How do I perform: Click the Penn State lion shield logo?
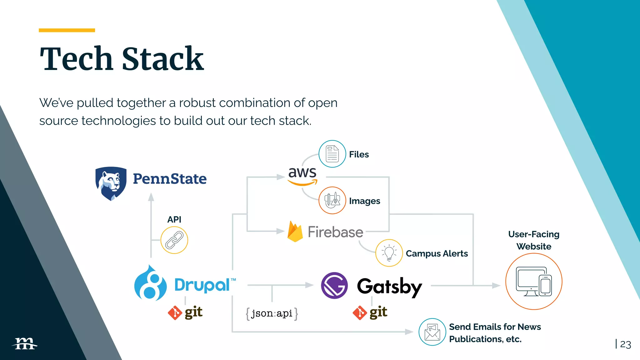pos(111,183)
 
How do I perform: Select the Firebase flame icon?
pos(295,232)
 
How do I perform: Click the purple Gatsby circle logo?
pos(334,285)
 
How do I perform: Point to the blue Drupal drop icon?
pos(150,283)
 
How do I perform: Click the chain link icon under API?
pos(174,240)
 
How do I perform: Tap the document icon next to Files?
pos(332,154)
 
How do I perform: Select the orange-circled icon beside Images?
pos(332,200)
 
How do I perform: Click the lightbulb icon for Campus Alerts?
pos(389,253)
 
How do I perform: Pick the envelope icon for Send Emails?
pos(432,332)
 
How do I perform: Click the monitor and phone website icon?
pos(534,282)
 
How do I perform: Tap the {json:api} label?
pos(272,313)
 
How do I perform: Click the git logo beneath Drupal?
pos(185,312)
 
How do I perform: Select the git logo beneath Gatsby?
pos(370,312)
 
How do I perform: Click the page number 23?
pos(625,344)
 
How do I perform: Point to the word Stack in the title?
pos(162,59)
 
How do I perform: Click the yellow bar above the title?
pos(67,30)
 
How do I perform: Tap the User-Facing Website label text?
pos(534,240)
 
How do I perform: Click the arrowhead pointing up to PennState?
pos(151,197)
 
